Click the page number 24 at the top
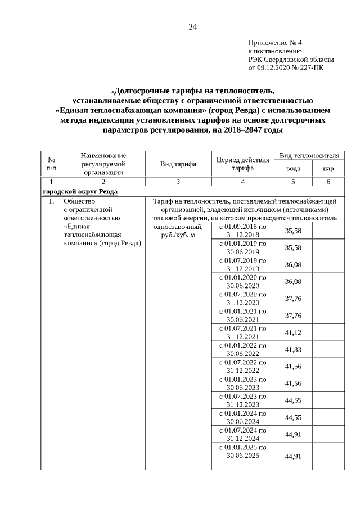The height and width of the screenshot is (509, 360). point(193,27)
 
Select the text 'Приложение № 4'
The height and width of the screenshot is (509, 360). point(276,43)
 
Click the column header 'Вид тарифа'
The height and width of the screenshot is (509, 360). point(178,164)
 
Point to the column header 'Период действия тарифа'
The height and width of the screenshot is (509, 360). point(242,164)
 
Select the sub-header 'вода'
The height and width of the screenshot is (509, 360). point(293,168)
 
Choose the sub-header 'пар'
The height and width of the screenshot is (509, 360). point(328,168)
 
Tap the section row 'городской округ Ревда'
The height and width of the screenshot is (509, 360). point(80,191)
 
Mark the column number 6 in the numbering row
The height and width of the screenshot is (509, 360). point(328,182)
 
